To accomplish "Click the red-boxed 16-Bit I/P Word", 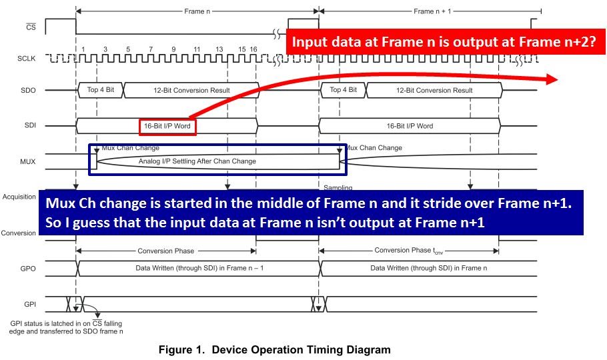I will [167, 126].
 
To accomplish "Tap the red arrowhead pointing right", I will [552, 79].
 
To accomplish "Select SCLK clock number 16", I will [253, 49].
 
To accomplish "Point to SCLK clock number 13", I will [219, 49].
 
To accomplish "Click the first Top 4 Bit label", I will [100, 90].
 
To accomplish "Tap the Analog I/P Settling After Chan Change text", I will [197, 161].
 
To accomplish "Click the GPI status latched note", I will [67, 327].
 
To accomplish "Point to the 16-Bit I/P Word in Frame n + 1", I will [409, 126].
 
